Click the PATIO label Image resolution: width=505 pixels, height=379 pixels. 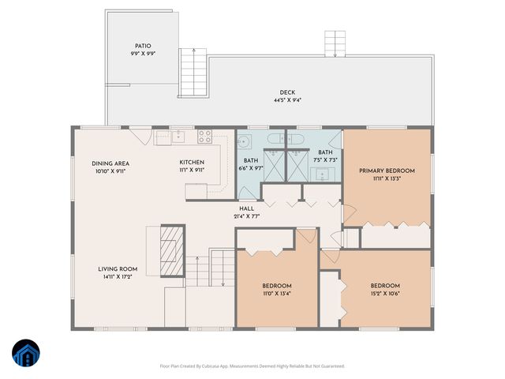pyautogui.click(x=142, y=47)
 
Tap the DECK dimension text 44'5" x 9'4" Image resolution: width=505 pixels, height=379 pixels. pyautogui.click(x=287, y=100)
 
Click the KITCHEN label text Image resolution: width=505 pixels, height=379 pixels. pyautogui.click(x=192, y=163)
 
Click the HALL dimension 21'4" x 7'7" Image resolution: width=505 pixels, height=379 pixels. pyautogui.click(x=246, y=216)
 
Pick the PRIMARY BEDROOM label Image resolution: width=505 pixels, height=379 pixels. pyautogui.click(x=387, y=171)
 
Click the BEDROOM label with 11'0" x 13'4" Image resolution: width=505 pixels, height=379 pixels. pyautogui.click(x=277, y=285)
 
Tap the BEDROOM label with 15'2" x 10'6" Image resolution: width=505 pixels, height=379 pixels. pyautogui.click(x=385, y=285)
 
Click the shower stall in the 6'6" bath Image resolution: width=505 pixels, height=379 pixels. pyautogui.click(x=273, y=165)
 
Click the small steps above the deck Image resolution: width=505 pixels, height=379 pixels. pyautogui.click(x=335, y=43)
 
